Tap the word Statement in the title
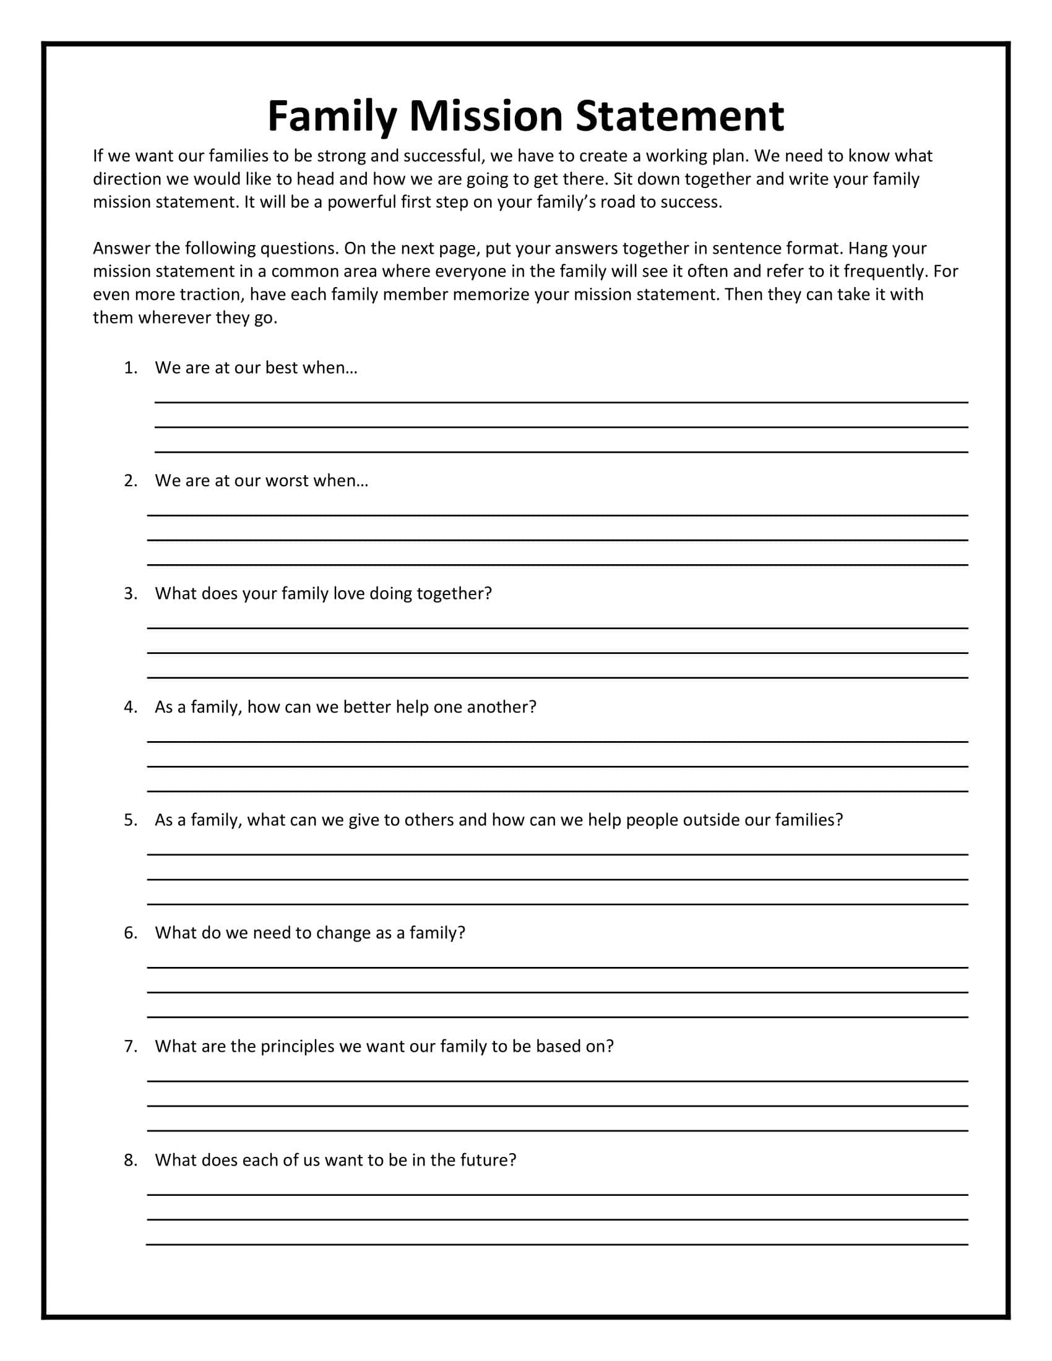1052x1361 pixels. click(679, 116)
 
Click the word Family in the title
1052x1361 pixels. click(332, 117)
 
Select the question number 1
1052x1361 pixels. click(130, 367)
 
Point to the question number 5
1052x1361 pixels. click(130, 820)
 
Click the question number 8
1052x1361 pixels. click(130, 1160)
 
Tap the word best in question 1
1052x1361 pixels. click(281, 367)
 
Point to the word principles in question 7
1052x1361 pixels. click(298, 1046)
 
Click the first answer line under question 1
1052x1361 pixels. click(561, 402)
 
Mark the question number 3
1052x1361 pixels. click(130, 593)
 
